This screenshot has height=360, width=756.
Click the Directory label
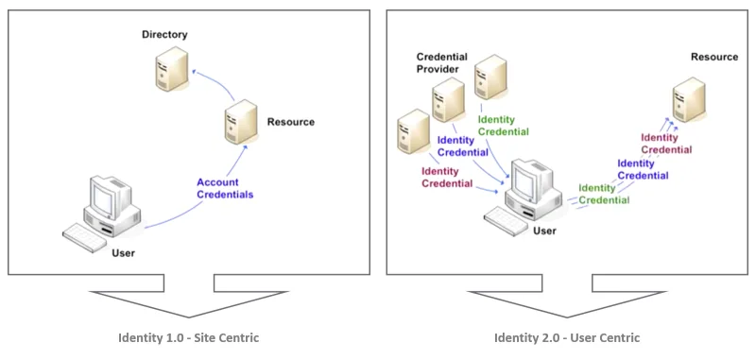click(164, 35)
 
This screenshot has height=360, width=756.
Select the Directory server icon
click(171, 68)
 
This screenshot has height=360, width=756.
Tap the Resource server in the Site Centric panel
click(241, 122)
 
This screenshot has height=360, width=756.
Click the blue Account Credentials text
click(225, 188)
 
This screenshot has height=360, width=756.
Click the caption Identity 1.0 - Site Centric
click(188, 338)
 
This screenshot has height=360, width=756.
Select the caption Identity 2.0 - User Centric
click(567, 338)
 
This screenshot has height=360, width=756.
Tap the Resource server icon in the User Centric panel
click(689, 99)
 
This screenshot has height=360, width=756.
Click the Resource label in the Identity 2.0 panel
click(714, 57)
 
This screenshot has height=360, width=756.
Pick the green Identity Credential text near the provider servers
click(504, 126)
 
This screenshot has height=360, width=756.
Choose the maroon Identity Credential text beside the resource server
click(666, 144)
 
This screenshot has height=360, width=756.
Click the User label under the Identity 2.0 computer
click(544, 231)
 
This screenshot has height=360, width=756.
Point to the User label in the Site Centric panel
click(124, 253)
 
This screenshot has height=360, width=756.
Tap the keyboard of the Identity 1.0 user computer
click(84, 238)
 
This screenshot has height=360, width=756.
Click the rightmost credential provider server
click(490, 77)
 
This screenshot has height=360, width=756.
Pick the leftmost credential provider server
click(413, 131)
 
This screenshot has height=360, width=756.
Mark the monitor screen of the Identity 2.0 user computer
click(522, 179)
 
